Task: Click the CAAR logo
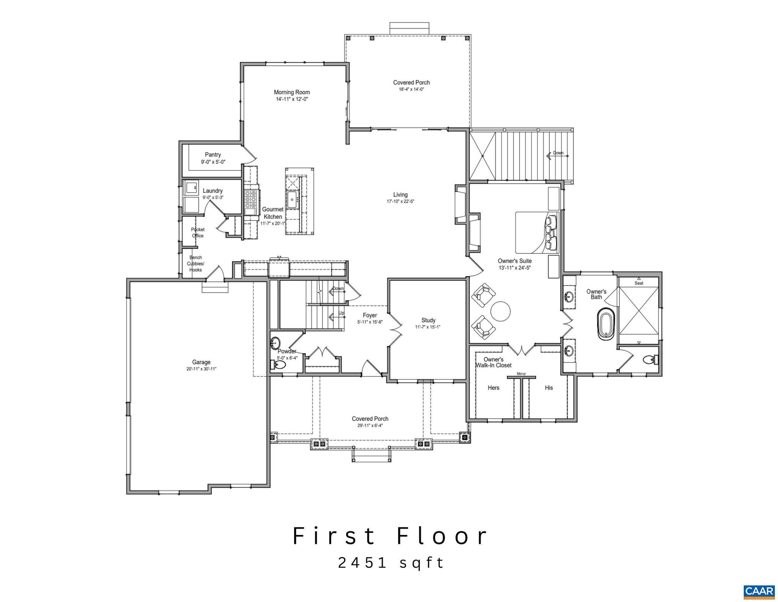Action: point(759,591)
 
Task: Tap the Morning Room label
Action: point(292,92)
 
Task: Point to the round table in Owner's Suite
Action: point(500,311)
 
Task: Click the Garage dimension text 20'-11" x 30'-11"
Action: point(201,369)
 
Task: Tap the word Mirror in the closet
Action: point(521,374)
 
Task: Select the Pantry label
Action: point(213,155)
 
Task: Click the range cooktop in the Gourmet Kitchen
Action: point(251,202)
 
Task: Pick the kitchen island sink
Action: point(293,199)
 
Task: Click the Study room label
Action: point(428,320)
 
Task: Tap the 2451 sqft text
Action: point(391,563)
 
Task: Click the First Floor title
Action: point(391,536)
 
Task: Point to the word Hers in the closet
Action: point(493,388)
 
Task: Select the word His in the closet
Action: point(549,388)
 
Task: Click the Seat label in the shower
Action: point(639,283)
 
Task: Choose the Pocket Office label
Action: point(198,233)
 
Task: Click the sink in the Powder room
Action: point(275,343)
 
